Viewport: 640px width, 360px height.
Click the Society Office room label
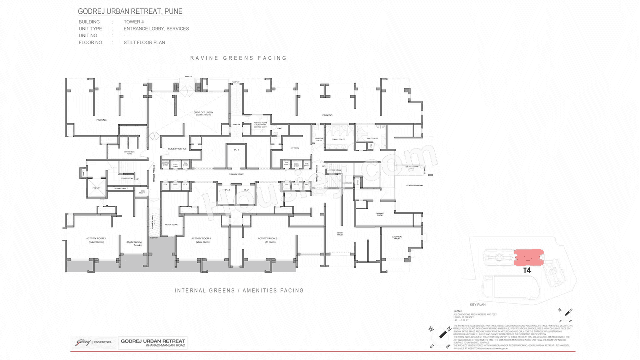tap(177, 149)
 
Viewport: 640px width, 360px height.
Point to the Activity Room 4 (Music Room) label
tap(201, 240)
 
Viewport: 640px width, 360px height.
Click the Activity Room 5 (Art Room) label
tap(267, 240)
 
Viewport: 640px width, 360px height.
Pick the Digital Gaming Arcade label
tap(134, 244)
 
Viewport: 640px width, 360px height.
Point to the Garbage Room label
tap(379, 214)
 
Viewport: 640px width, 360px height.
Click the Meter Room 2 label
tap(171, 225)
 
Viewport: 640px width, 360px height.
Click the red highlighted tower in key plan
tap(527, 257)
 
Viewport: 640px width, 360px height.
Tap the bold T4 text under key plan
tap(527, 271)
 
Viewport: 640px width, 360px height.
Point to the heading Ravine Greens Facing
tap(238, 58)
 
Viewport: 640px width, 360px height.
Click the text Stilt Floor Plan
tap(144, 43)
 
